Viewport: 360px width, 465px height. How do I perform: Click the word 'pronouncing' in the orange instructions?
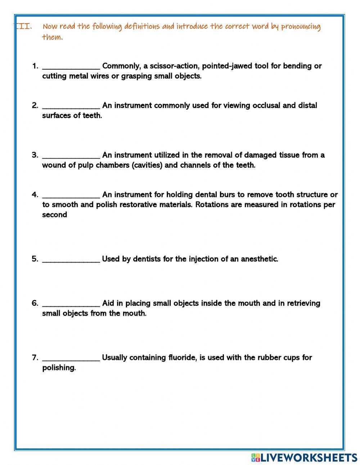point(301,27)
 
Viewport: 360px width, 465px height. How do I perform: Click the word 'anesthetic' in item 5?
point(259,259)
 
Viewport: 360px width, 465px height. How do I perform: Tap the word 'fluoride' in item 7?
point(182,358)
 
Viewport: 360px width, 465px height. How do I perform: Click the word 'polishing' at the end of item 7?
point(59,368)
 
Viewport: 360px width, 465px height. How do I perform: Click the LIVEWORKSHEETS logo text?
point(309,457)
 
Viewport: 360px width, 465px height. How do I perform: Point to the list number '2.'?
point(35,106)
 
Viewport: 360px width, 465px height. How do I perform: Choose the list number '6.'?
point(35,303)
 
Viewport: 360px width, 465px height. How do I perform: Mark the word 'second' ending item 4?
point(54,215)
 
